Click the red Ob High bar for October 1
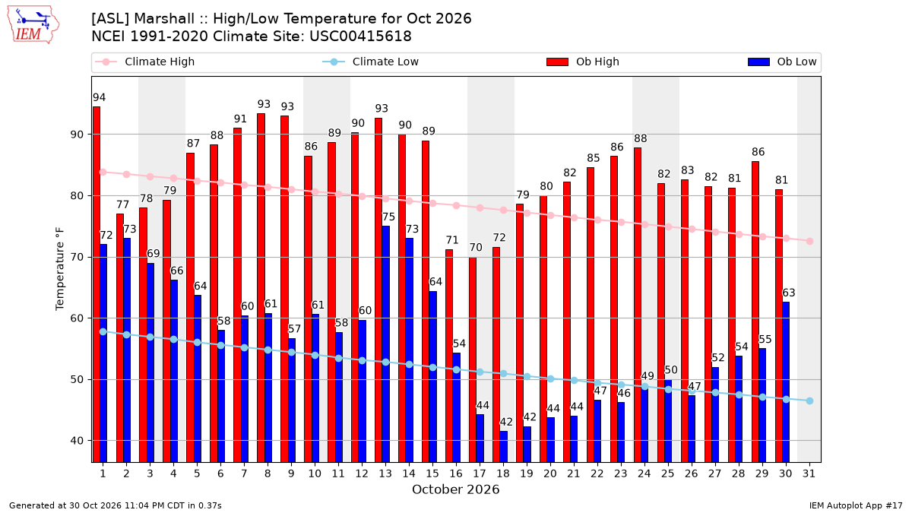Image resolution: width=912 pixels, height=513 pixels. pos(97,284)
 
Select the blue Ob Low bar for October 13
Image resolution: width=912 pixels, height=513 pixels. pos(385,344)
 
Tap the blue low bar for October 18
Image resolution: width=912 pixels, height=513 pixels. pos(504,447)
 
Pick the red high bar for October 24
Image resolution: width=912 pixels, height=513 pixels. pos(638,305)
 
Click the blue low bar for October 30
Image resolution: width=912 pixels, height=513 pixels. pos(786,382)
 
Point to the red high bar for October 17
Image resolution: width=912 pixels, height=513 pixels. pos(473,359)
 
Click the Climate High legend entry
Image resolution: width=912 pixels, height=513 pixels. pos(145,62)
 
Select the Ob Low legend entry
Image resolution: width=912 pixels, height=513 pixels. pos(782,62)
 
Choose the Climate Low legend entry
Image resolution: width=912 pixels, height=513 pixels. pos(371,62)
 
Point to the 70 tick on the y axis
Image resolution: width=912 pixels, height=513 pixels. pos(77,258)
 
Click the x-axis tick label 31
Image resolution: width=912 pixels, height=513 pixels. pos(809,473)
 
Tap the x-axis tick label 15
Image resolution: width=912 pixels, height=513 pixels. pos(432,473)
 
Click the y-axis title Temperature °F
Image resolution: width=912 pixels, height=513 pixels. pos(60,269)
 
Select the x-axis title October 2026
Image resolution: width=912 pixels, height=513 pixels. pos(455,489)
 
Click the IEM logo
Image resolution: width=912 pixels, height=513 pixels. pos(33,25)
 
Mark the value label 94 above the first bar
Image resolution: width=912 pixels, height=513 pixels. pos(100,97)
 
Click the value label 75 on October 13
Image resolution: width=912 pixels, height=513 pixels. pos(388,217)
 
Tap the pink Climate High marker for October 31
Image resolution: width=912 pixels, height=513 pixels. pos(810,242)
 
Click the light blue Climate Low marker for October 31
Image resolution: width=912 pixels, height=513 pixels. pos(810,401)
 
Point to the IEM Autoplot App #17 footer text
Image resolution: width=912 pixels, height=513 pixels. pos(856,505)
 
